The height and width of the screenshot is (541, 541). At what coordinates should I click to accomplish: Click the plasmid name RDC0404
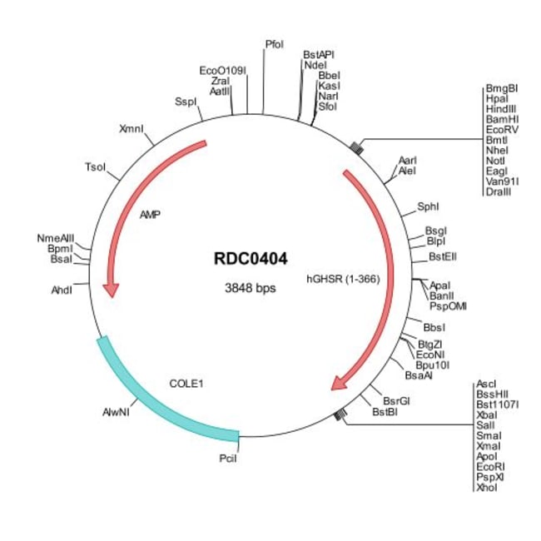(x=251, y=259)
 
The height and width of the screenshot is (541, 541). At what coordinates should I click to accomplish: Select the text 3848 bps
(x=251, y=289)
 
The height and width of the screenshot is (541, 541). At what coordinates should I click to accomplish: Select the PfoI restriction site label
(x=275, y=43)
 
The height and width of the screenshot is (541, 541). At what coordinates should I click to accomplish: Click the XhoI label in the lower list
(x=486, y=488)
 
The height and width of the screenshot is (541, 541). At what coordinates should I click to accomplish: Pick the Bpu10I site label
(x=433, y=365)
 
